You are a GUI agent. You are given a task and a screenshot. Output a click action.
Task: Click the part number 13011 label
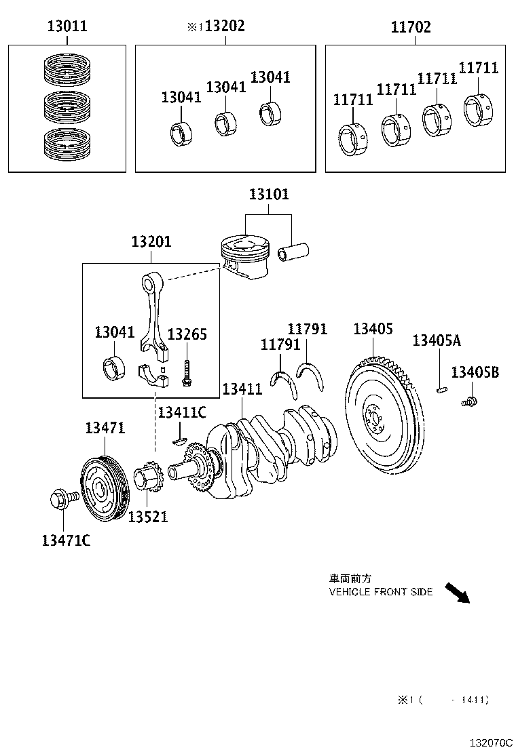(67, 27)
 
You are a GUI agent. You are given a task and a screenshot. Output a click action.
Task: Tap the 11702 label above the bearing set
(411, 27)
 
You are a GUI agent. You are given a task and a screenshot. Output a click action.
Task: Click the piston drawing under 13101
(244, 256)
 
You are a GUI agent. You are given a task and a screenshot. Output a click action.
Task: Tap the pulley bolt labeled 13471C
(58, 501)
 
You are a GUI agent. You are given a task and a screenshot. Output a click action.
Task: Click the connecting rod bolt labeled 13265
(185, 372)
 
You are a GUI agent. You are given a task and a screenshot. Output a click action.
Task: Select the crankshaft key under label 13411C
(179, 441)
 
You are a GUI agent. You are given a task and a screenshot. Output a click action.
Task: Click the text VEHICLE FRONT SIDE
(380, 592)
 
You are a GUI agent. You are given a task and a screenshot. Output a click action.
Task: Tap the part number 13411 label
(242, 389)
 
